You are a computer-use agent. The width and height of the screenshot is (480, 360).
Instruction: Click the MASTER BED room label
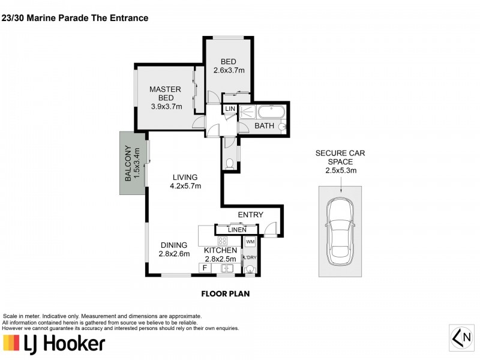click(166, 94)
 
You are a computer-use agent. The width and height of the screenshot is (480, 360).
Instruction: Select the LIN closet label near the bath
click(229, 109)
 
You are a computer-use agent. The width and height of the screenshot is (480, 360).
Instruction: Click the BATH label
click(264, 126)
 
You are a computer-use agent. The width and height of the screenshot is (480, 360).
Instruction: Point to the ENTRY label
click(251, 214)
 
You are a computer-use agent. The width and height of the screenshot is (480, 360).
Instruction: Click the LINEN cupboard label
click(237, 229)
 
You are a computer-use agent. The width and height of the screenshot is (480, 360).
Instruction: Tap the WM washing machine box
click(250, 241)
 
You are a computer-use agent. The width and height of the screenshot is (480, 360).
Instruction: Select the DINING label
click(174, 245)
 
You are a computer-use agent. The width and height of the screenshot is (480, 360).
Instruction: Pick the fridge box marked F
click(205, 268)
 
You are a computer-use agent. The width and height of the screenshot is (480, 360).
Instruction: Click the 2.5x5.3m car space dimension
click(340, 170)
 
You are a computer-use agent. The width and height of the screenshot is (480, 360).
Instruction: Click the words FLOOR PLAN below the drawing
click(225, 294)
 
